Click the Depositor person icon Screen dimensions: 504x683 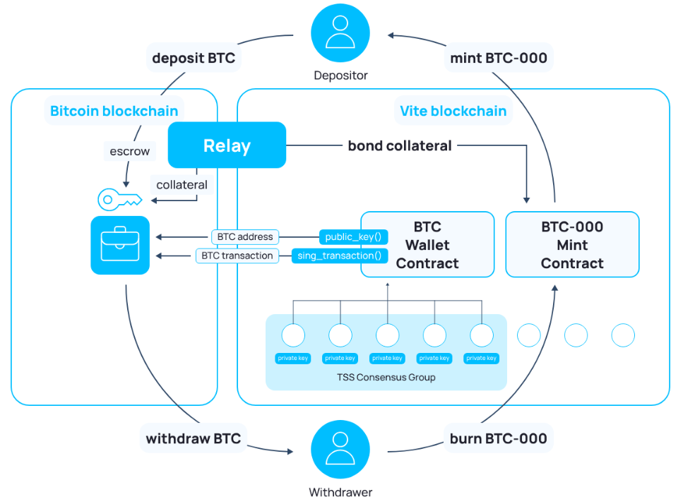pos(340,33)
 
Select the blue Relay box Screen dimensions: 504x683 pos(227,145)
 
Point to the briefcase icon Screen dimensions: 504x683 pos(120,245)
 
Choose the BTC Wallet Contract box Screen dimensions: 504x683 pos(427,245)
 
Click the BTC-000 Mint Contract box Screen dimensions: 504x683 pos(572,245)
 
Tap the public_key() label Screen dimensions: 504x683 pos(353,237)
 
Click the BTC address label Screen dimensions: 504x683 pos(245,237)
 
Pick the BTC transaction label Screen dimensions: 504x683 pos(237,256)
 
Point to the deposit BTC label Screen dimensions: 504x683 pos(194,58)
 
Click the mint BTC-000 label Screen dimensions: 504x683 pos(499,58)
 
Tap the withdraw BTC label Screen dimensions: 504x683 pos(193,438)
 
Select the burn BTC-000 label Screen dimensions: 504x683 pos(498,438)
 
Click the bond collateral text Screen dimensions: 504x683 pos(400,145)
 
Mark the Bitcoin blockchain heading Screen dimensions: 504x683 pos(114,111)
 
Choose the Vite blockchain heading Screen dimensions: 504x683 pos(453,111)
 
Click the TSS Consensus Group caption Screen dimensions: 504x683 pos(386,377)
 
